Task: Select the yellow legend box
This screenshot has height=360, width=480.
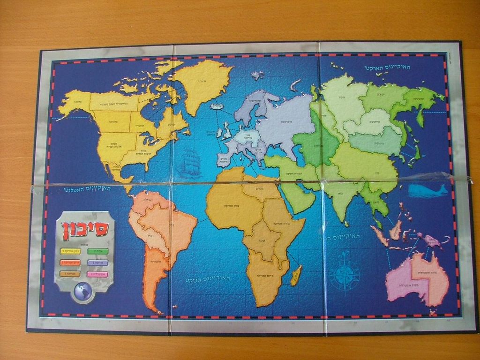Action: coord(70,251)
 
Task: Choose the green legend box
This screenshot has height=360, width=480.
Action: coord(97,251)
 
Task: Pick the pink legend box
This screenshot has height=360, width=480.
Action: coord(97,274)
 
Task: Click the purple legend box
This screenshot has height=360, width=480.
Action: coord(97,262)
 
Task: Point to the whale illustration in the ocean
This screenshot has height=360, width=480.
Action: coord(427,190)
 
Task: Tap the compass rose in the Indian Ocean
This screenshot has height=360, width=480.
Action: coord(345,274)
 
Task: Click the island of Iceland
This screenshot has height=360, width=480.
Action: coord(216,107)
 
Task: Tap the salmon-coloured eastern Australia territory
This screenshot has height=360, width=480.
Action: coord(429,277)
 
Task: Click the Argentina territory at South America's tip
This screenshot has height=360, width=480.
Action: coord(153,277)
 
